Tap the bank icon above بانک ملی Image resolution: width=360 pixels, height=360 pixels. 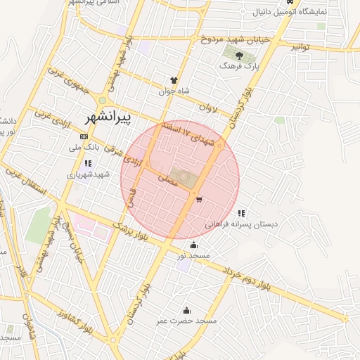84,136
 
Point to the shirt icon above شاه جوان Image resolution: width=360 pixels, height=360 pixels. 174,80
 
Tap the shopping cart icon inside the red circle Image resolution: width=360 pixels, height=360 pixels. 200,200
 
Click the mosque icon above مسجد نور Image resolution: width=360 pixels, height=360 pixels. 193,245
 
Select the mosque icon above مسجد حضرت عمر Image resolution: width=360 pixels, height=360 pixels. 186,310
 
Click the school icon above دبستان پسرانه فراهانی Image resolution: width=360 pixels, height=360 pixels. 241,213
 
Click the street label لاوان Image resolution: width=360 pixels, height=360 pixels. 210,109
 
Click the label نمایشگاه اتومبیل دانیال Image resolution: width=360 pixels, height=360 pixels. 306,13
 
